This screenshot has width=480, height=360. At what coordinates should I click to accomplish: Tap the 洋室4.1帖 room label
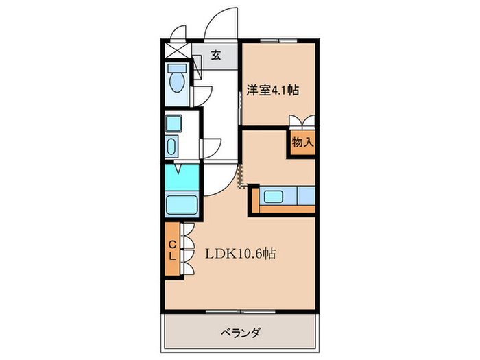[272, 89]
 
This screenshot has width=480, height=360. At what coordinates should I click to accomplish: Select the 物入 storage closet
[302, 143]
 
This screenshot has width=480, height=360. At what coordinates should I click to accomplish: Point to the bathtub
[182, 204]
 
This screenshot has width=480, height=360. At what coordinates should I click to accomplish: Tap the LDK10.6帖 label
[240, 253]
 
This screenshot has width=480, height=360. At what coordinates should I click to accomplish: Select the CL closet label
[173, 250]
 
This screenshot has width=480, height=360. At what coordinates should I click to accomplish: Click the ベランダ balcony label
[241, 333]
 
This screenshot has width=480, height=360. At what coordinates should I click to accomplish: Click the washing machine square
[173, 124]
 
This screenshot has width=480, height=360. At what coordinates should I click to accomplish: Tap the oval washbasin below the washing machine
[171, 147]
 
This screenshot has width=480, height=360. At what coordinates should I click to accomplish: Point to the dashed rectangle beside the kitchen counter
[242, 176]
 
